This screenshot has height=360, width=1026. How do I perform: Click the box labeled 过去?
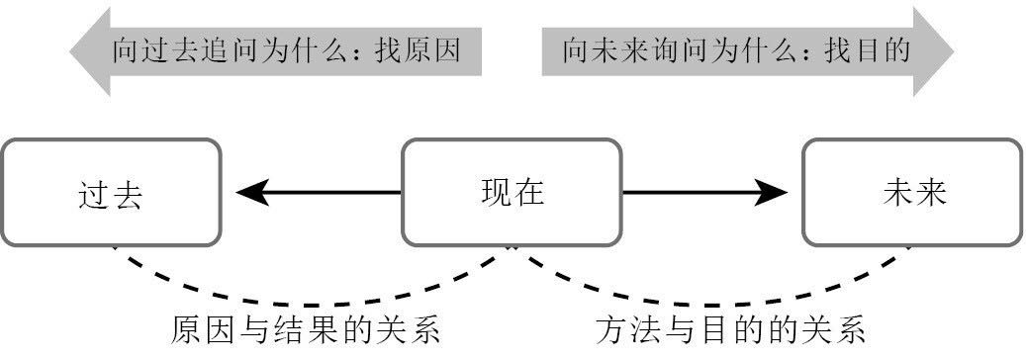(x=110, y=192)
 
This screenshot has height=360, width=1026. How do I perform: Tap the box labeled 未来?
(x=911, y=192)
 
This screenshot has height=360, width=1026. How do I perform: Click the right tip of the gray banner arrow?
(x=951, y=50)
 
